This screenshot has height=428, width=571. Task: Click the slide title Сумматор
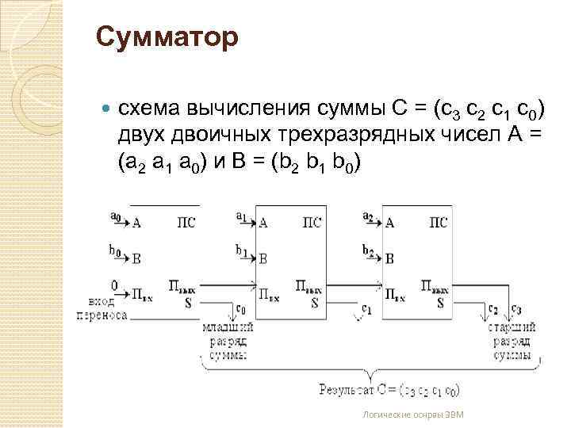(x=167, y=37)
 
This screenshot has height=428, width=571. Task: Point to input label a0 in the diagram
(x=116, y=215)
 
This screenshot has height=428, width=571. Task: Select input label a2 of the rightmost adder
(x=368, y=215)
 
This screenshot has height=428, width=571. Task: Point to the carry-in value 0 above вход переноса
(x=114, y=285)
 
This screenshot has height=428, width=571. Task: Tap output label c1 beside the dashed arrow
(x=366, y=308)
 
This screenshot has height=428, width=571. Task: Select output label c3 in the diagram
(x=516, y=308)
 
